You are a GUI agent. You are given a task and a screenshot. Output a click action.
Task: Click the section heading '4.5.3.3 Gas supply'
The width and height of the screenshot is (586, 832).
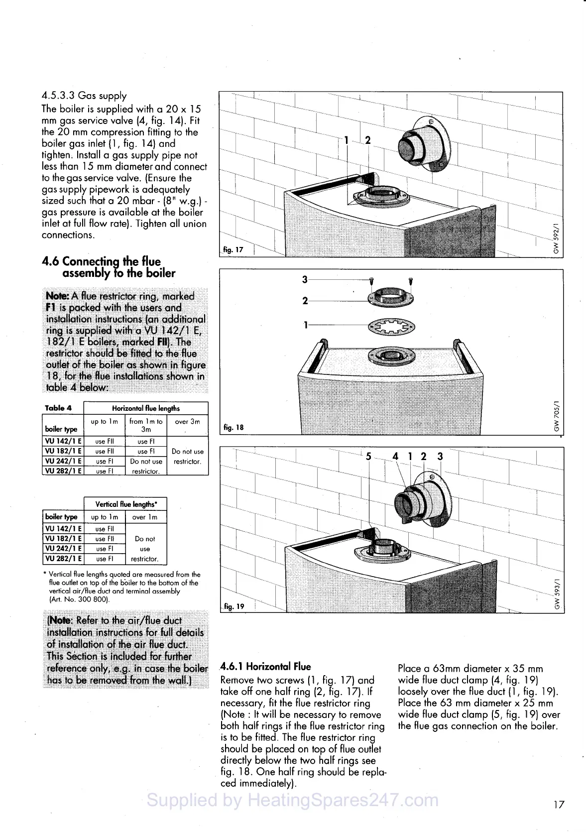[84, 96]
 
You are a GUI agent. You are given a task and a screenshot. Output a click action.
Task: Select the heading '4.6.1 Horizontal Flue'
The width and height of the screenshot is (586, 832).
[265, 667]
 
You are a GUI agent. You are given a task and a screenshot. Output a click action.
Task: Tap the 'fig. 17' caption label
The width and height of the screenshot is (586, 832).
[233, 249]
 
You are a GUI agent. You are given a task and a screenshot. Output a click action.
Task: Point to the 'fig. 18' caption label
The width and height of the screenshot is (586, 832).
[234, 427]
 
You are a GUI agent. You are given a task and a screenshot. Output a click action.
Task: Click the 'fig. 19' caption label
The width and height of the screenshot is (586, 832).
[234, 606]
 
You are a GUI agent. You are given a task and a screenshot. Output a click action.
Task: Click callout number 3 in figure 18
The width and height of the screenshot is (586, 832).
[305, 279]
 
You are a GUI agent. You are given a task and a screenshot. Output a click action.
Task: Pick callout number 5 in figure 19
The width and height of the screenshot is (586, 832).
[368, 456]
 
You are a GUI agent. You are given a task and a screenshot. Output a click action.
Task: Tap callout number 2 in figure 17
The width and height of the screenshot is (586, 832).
[368, 140]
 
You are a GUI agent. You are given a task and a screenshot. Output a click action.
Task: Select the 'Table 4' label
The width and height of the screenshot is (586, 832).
[58, 408]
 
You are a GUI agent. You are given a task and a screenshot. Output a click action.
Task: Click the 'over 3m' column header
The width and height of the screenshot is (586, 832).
[187, 422]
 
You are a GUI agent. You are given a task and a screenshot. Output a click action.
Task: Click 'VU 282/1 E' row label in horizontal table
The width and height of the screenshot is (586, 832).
[63, 471]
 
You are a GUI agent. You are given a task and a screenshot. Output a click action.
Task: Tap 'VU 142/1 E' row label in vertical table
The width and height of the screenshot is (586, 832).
[63, 529]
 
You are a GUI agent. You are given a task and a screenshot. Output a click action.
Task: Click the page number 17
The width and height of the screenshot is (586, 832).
[559, 804]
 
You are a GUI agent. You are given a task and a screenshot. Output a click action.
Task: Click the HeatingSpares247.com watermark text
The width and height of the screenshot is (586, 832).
[293, 800]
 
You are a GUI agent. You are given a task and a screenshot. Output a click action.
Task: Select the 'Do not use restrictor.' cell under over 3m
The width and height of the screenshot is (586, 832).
[187, 456]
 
